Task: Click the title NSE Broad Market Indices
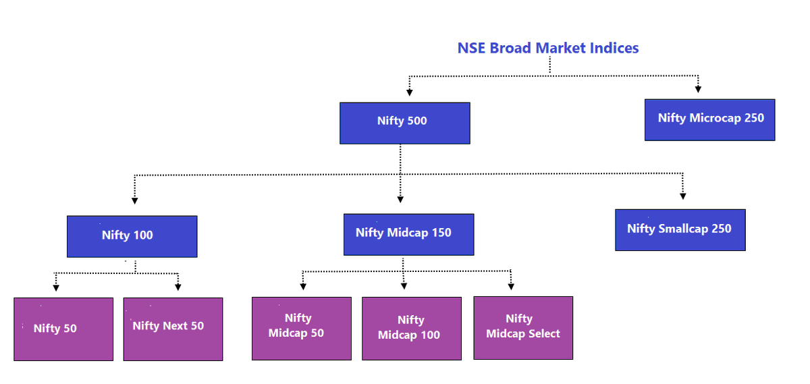[x=547, y=48]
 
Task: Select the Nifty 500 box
[x=404, y=123]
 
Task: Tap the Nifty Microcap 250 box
[x=709, y=119]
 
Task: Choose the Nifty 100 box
[x=132, y=236]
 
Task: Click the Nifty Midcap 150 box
[x=408, y=234]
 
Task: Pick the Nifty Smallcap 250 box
[x=680, y=229]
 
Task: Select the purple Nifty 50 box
[x=63, y=329]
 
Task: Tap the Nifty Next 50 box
[x=173, y=329]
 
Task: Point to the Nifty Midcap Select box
[x=523, y=327]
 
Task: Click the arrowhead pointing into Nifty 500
[x=409, y=92]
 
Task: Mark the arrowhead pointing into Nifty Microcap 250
[x=698, y=88]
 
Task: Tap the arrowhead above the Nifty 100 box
[x=134, y=200]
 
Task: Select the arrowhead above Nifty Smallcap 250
[x=683, y=196]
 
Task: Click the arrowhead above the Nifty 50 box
[x=56, y=287]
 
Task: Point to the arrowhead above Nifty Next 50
[x=178, y=287]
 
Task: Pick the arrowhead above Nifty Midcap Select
[x=511, y=286]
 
